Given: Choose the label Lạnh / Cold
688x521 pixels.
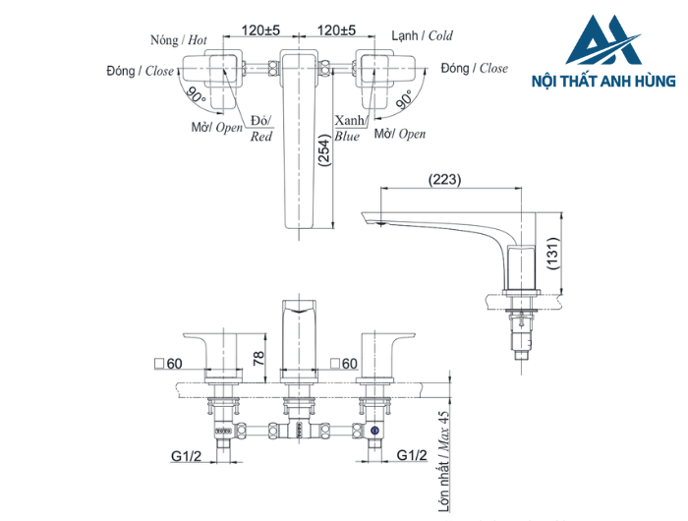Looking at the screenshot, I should [422, 35].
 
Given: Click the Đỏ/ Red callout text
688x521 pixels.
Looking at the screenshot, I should [260, 128].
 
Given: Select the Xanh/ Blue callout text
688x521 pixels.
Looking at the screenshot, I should [348, 128].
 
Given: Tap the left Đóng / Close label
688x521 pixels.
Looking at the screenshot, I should [141, 72].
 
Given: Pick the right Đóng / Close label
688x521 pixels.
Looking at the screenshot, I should [475, 68].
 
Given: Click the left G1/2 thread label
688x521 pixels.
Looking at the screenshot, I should [187, 455].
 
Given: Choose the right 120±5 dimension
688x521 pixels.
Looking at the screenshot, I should [337, 30].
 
